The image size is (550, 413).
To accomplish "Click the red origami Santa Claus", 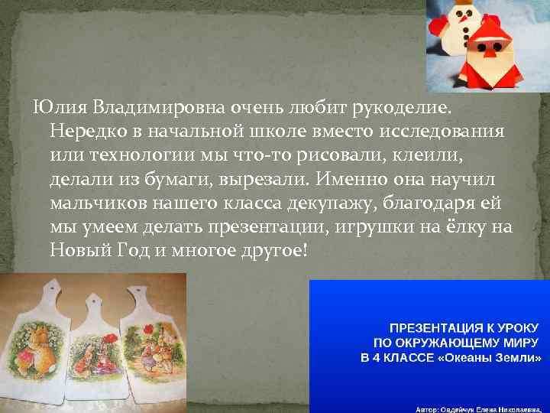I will coord(490,57).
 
